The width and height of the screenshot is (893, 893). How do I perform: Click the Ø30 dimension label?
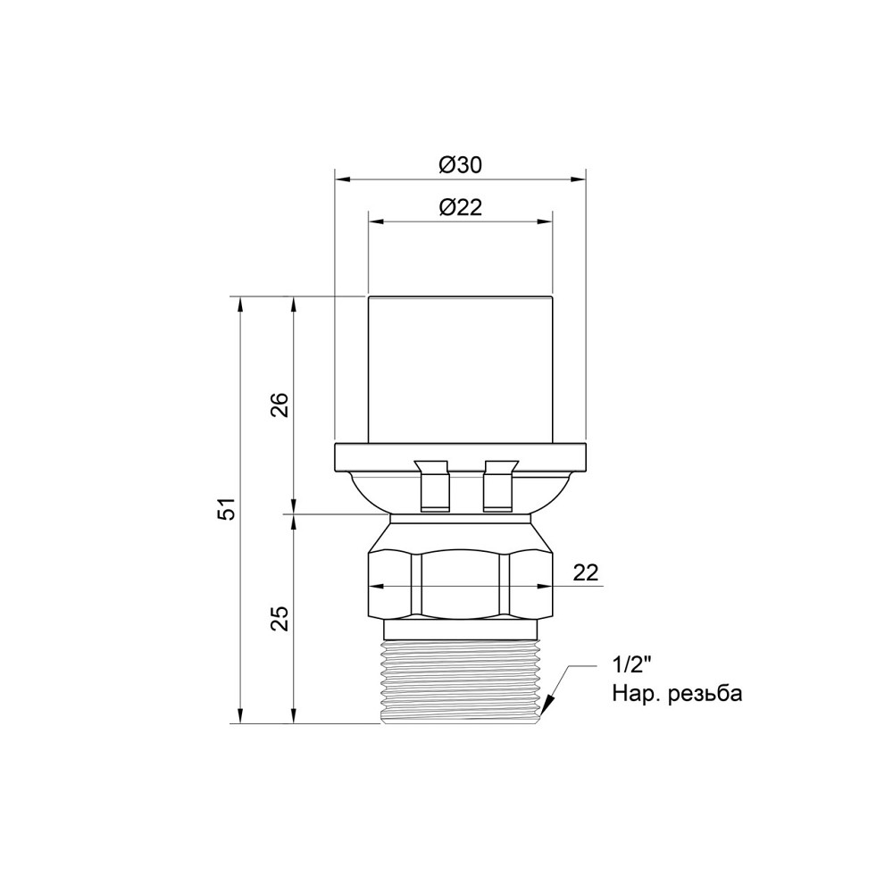[460, 165]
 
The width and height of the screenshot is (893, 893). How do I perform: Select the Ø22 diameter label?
[460, 207]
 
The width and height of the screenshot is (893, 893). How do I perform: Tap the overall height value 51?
[227, 508]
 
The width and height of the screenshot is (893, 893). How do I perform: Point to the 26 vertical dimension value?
[280, 405]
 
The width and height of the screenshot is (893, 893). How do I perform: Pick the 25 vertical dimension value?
[280, 618]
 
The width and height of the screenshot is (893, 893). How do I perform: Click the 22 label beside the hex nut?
[586, 572]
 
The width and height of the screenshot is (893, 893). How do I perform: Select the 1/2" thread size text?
[634, 664]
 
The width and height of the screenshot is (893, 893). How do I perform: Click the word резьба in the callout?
[705, 694]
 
